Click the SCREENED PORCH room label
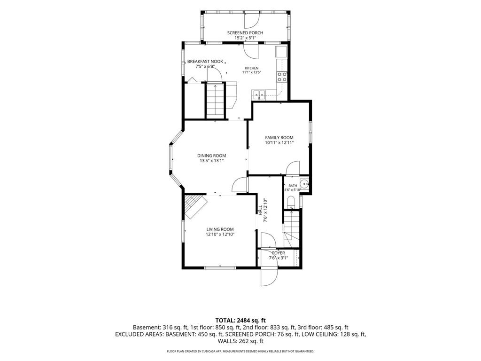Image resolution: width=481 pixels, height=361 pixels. point(245,33)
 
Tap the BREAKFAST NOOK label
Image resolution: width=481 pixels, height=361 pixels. point(205,62)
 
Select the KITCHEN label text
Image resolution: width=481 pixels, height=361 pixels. point(252,68)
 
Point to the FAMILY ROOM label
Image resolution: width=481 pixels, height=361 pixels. point(279,138)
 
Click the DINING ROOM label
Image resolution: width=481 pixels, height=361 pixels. point(212,156)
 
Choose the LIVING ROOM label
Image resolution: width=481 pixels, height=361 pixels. point(220,229)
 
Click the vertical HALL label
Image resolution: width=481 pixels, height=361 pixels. point(260,210)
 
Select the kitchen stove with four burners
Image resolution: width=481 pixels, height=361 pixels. point(282,77)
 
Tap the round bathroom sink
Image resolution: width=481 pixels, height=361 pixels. point(304,184)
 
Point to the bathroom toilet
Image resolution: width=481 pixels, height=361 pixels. point(290,202)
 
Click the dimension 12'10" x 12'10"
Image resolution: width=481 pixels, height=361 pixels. point(220,235)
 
